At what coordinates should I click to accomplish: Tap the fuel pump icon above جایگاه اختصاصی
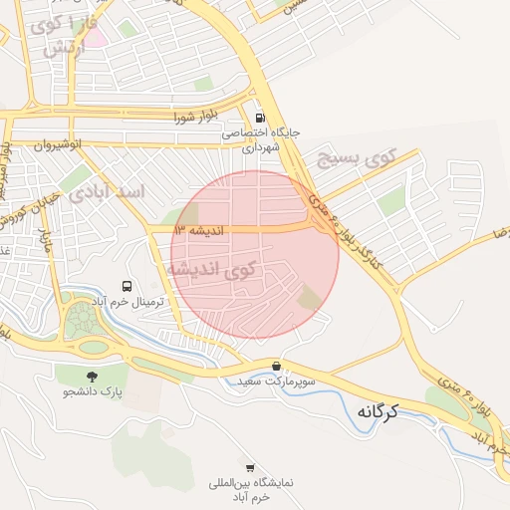point(260,115)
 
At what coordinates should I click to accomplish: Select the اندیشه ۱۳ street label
point(196,230)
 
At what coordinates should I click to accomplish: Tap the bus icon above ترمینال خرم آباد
point(127,286)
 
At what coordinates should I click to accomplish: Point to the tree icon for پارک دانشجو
point(92,377)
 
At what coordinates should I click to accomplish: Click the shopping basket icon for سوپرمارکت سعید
point(276,366)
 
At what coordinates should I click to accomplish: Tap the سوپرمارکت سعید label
point(277,382)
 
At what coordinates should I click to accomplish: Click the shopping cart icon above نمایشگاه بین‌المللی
point(250,467)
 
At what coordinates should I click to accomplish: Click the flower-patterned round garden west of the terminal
point(79,321)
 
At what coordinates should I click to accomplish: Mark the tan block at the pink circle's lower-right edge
point(311,296)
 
